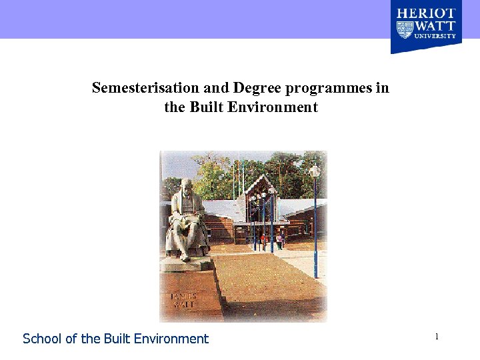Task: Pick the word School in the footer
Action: click(x=42, y=339)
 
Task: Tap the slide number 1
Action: click(x=437, y=337)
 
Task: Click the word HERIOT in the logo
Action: click(x=426, y=13)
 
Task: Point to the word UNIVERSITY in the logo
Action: click(x=435, y=36)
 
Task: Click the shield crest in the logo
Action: click(x=405, y=29)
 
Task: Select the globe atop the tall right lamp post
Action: click(x=314, y=171)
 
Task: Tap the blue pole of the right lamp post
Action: click(x=315, y=227)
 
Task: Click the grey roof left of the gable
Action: click(x=227, y=209)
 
